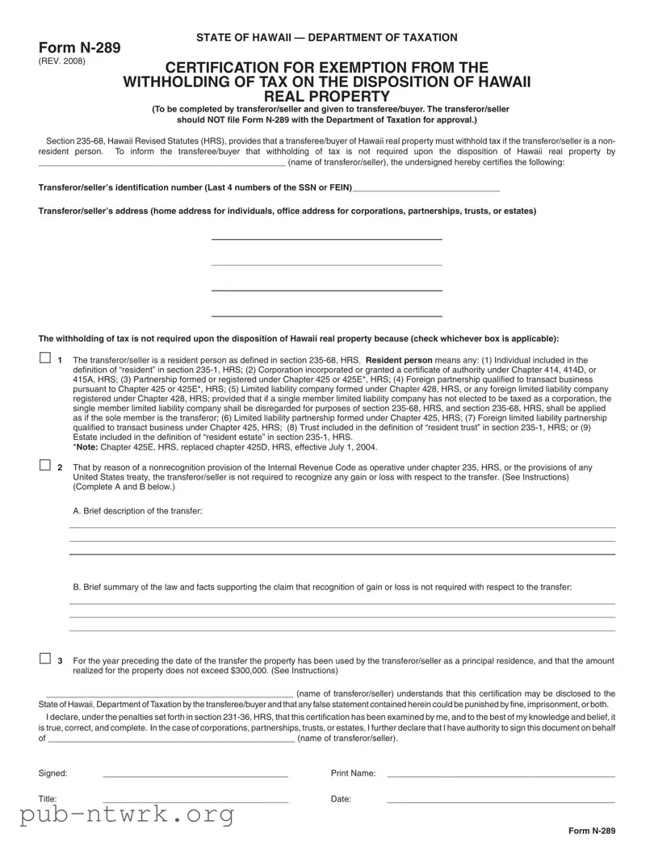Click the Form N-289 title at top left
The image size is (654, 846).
79,48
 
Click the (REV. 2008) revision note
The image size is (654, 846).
61,61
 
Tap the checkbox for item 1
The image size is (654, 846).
44,358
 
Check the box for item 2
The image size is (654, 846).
44,466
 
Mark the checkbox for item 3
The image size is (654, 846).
44,659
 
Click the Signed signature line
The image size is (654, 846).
195,776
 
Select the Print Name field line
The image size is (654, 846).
501,776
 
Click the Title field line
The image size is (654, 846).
195,802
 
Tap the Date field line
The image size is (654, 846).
501,802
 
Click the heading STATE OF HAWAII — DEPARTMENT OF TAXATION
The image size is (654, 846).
326,37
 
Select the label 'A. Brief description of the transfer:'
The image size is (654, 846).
137,511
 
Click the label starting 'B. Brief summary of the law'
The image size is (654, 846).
322,587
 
